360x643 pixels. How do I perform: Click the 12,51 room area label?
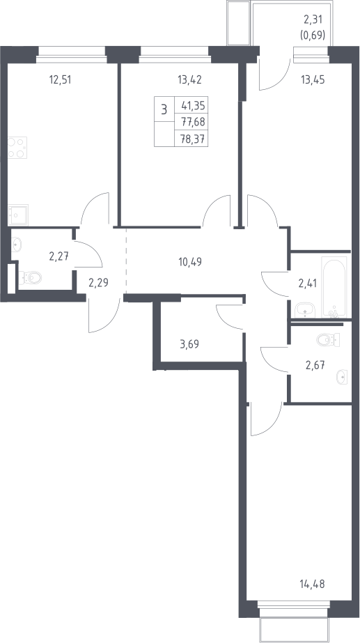(60, 79)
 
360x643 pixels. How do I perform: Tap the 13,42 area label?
(190, 79)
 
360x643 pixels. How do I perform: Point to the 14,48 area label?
(313, 584)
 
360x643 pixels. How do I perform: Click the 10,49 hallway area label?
(190, 261)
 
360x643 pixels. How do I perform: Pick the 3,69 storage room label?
(189, 343)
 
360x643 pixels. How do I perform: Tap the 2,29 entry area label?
(98, 283)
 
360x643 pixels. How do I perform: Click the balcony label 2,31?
(313, 18)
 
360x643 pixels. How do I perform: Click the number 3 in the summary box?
(164, 109)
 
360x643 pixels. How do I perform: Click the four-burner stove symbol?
(17, 148)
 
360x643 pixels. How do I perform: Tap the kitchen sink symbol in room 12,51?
(18, 215)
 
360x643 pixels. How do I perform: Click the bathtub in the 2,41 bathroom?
(334, 287)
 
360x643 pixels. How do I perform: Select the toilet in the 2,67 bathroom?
(328, 339)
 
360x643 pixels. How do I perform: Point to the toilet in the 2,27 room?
(29, 278)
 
